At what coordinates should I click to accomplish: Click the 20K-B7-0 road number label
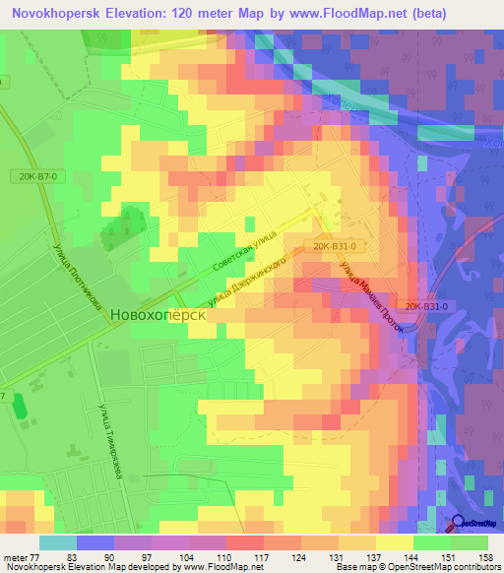coord(38,175)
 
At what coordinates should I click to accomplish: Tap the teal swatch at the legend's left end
coord(58,542)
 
